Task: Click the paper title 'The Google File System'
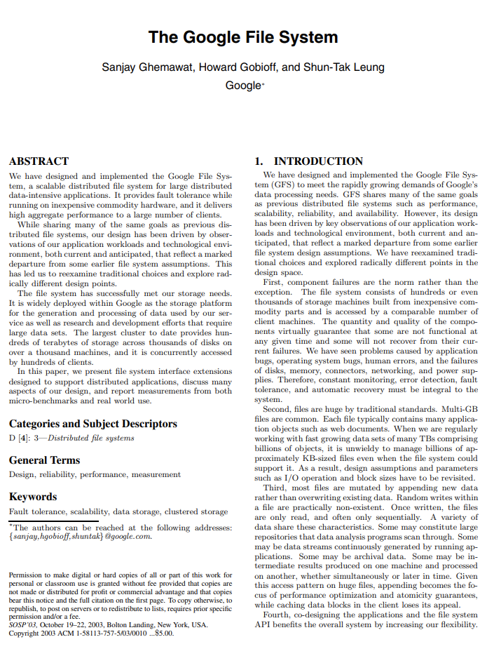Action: point(243,37)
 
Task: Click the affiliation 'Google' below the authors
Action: point(242,86)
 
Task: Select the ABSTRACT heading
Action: point(39,161)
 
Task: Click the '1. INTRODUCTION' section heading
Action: point(308,161)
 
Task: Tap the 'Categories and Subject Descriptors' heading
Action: point(93,424)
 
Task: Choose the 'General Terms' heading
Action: point(44,460)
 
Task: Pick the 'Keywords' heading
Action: point(33,497)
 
